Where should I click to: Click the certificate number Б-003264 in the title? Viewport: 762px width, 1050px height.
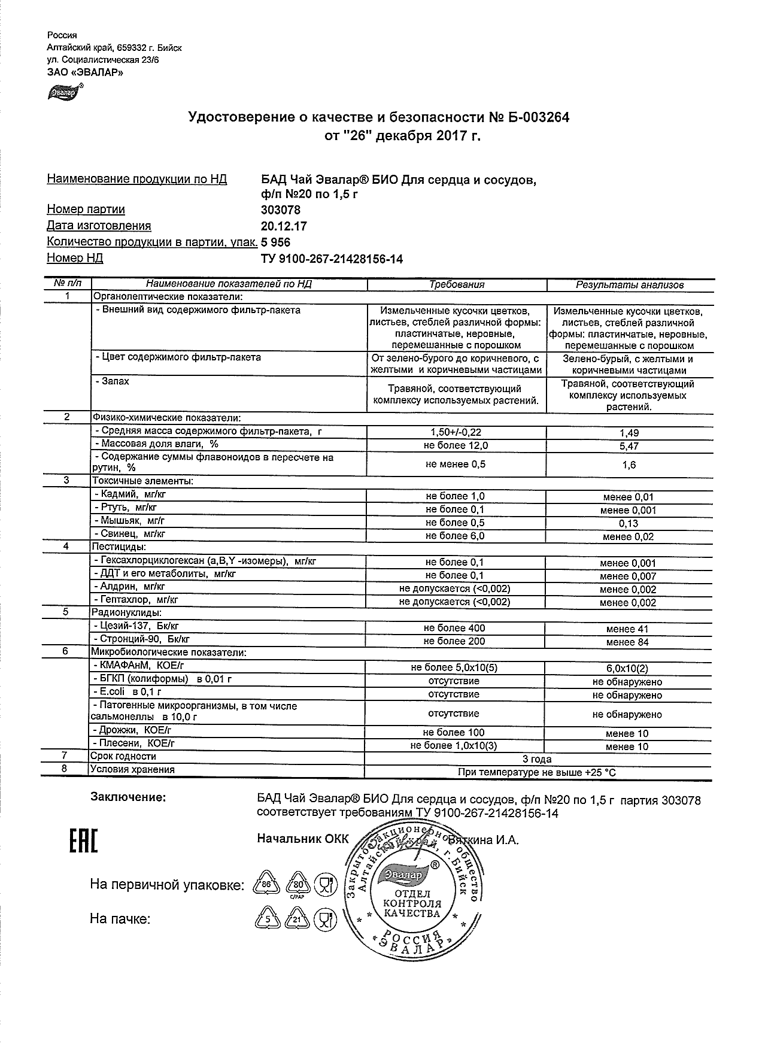coord(535,117)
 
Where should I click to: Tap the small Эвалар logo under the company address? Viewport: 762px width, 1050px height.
coord(64,93)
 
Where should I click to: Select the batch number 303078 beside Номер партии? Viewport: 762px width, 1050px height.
coord(281,210)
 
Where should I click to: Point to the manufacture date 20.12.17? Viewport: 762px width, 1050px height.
coord(284,226)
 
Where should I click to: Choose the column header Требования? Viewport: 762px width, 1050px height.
coord(457,285)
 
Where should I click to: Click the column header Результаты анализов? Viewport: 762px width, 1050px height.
coord(629,285)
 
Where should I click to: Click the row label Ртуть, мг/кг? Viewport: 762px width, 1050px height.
coord(126,508)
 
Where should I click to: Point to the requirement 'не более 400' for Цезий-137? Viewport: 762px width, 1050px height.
coord(454,629)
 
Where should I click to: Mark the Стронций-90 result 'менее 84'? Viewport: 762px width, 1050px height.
coord(627,642)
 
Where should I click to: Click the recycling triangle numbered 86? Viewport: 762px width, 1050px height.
coord(267,884)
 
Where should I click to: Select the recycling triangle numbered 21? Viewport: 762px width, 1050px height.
coord(296,918)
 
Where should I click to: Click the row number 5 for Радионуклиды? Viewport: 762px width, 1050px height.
coord(66,612)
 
